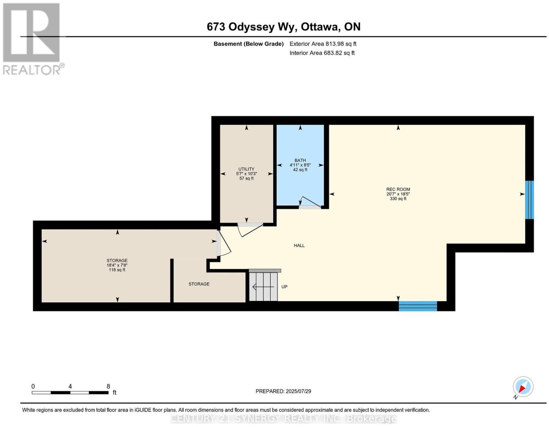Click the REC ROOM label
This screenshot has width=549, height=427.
[x=398, y=189]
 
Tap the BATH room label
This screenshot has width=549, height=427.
[x=300, y=160]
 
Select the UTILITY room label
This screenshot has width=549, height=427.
[x=246, y=169]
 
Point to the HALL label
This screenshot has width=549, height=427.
[x=299, y=246]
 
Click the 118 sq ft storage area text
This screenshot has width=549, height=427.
[x=117, y=270]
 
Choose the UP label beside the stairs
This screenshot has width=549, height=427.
[x=284, y=287]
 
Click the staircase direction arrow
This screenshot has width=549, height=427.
[x=263, y=287]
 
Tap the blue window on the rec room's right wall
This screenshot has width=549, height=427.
[x=529, y=200]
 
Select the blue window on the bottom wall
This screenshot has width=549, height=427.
[x=418, y=306]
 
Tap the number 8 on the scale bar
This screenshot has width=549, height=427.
[x=108, y=386]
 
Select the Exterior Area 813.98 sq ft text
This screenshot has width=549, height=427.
[x=323, y=44]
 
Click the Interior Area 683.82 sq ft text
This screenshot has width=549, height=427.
[x=322, y=53]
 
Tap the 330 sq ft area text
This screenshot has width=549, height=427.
[x=398, y=199]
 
